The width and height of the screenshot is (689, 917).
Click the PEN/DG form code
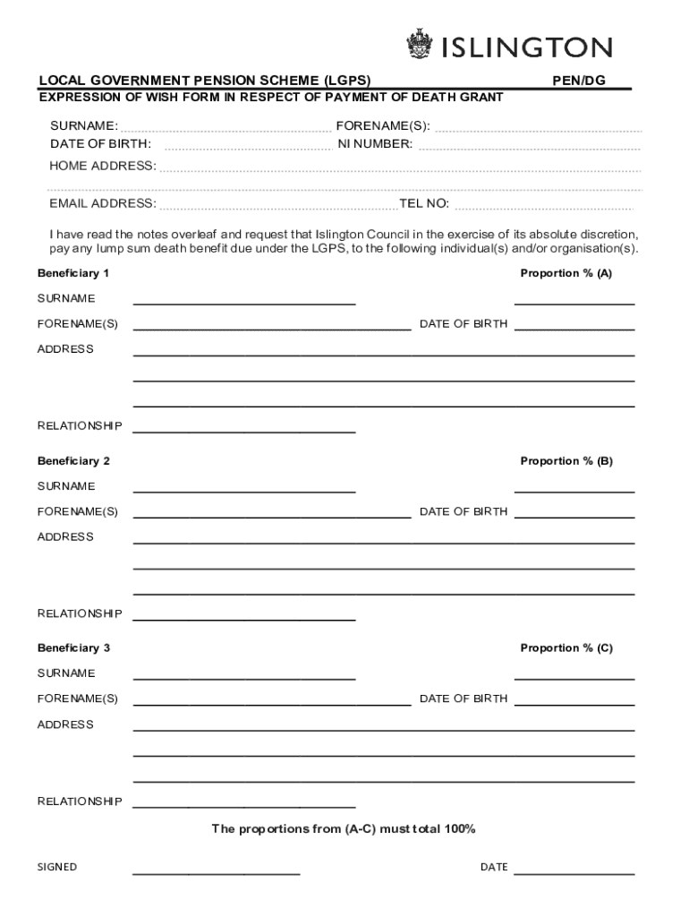pyautogui.click(x=578, y=81)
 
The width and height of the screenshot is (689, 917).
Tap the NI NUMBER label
pyautogui.click(x=375, y=143)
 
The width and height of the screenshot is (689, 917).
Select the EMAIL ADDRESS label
pyautogui.click(x=103, y=203)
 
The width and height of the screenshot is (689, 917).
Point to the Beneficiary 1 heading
pyautogui.click(x=73, y=273)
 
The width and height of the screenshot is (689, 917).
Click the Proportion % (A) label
pyautogui.click(x=566, y=273)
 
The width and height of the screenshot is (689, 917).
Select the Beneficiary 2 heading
pyautogui.click(x=73, y=461)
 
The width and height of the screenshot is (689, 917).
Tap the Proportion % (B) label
pyautogui.click(x=566, y=461)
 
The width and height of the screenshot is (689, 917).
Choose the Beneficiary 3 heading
pyautogui.click(x=73, y=647)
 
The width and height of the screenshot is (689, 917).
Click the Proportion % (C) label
pyautogui.click(x=566, y=647)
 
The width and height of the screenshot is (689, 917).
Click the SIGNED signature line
pyautogui.click(x=217, y=871)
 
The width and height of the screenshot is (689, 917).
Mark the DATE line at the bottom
pyautogui.click(x=574, y=871)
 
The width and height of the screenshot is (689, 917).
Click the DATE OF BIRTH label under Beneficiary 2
pyautogui.click(x=464, y=511)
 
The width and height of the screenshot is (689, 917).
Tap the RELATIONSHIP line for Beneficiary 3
pyautogui.click(x=244, y=805)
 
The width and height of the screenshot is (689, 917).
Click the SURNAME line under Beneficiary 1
pyautogui.click(x=244, y=303)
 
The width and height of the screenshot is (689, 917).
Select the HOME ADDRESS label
pyautogui.click(x=103, y=166)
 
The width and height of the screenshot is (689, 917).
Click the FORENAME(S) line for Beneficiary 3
pyautogui.click(x=272, y=704)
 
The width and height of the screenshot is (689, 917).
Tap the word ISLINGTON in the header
pyautogui.click(x=527, y=47)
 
